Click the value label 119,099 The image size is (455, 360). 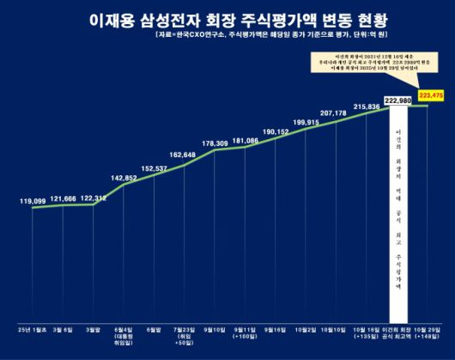(x=33, y=200)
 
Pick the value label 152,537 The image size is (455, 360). (x=155, y=169)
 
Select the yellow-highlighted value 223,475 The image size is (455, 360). (x=431, y=95)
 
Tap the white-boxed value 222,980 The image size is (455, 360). (x=400, y=101)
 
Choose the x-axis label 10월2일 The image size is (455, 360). (x=305, y=329)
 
